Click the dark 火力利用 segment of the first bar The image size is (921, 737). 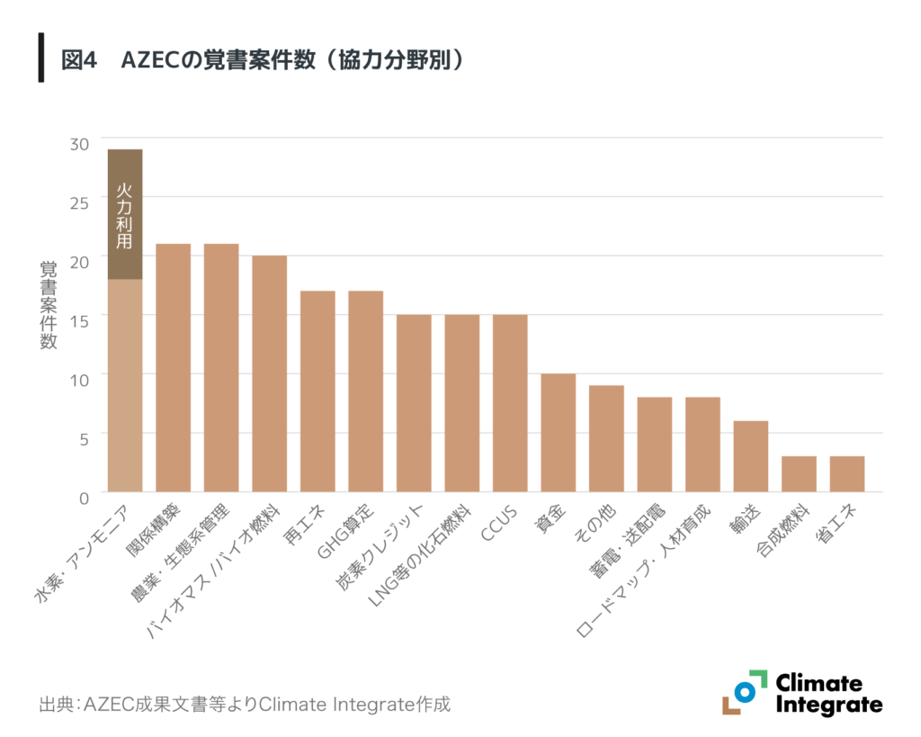click(124, 214)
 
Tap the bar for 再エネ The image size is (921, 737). click(317, 391)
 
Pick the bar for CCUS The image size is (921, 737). click(510, 403)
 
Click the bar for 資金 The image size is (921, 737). click(558, 433)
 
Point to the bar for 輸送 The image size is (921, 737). click(750, 456)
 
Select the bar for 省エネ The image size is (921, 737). click(846, 474)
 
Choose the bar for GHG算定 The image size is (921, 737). click(365, 391)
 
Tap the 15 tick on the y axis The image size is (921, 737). click(80, 320)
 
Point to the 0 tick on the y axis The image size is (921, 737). click(85, 498)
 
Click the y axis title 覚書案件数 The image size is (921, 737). click(48, 306)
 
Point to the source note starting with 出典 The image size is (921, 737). click(244, 704)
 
